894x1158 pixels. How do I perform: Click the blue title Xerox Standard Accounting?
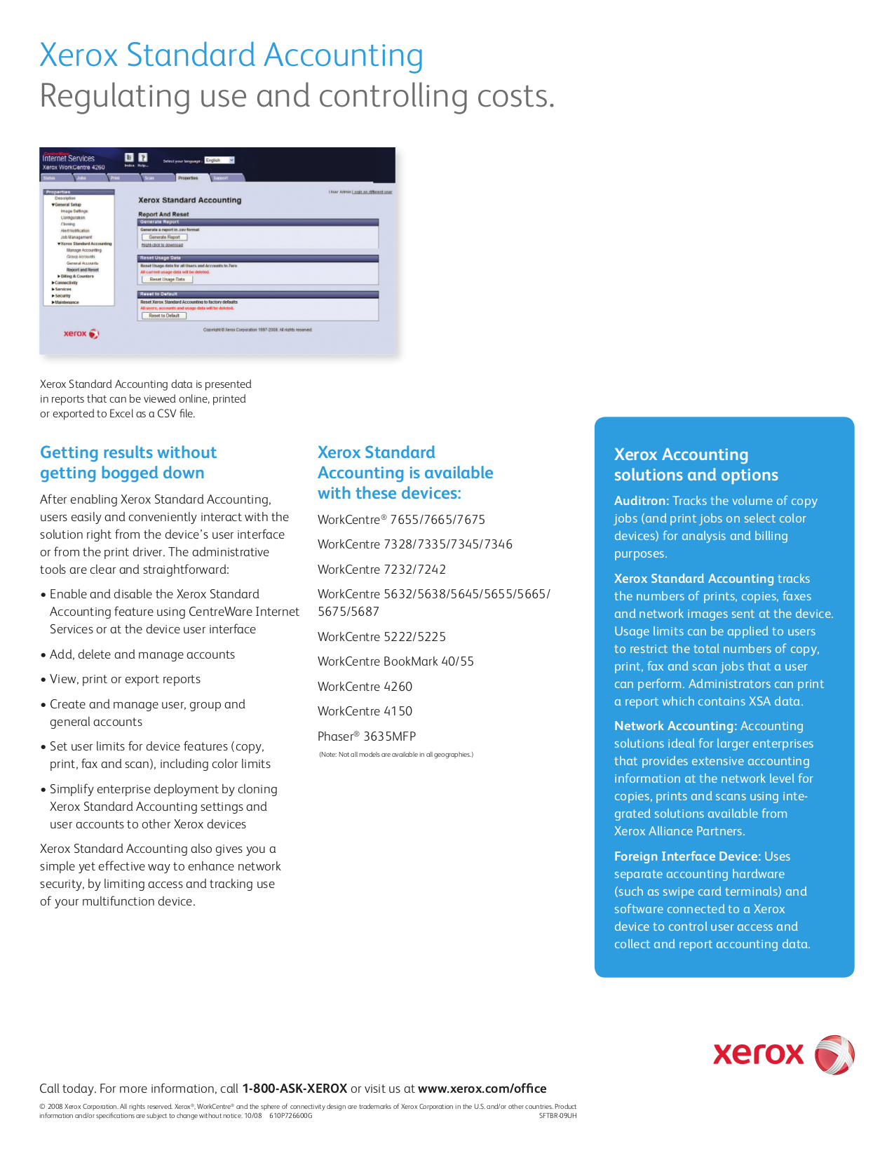point(231,55)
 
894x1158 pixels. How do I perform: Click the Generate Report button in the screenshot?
point(164,237)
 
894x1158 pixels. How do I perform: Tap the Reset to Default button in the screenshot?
point(164,316)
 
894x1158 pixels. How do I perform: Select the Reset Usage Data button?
point(167,279)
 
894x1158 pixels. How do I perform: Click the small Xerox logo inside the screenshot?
point(81,334)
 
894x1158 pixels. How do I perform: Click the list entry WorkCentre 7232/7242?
point(381,570)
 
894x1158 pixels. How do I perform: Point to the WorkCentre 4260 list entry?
point(365,687)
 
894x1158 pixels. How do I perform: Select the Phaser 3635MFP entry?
point(367,736)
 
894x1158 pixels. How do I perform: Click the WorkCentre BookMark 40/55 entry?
point(395,661)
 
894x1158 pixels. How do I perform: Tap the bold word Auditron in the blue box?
point(641,501)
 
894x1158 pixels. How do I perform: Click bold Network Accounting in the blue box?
point(675,726)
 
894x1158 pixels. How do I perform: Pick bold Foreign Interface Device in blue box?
point(686,856)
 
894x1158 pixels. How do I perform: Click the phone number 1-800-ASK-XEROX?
point(294,1089)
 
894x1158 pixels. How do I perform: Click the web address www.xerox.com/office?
point(482,1089)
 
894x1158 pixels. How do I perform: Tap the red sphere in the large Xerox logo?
point(834,1054)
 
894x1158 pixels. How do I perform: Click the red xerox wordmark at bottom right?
point(759,1054)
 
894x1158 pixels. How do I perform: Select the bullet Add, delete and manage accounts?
point(142,654)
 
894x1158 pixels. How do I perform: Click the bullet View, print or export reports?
point(125,679)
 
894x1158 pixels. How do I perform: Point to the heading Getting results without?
point(128,452)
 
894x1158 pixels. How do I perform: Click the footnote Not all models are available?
point(396,755)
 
